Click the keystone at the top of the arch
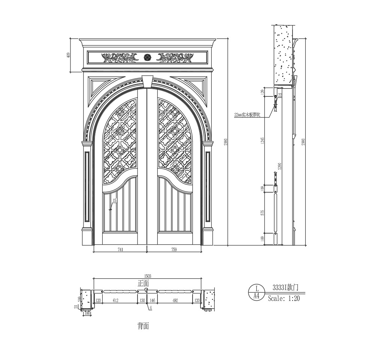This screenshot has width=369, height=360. point(148,81)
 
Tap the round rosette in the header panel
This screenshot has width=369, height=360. point(147,57)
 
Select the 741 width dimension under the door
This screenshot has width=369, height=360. point(121,249)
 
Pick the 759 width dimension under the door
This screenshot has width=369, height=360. point(174,249)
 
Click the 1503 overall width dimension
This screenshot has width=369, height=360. point(146,275)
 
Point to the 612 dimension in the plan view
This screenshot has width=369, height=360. point(115,300)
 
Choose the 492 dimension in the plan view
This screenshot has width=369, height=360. point(175,300)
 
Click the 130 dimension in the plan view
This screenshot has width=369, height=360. point(142,300)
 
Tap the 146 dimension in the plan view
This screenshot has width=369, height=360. point(152,300)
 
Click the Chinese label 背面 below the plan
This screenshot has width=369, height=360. point(143,326)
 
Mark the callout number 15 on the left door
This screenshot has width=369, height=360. point(114,201)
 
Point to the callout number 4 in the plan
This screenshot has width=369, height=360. point(151,309)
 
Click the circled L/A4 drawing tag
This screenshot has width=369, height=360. point(257,292)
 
